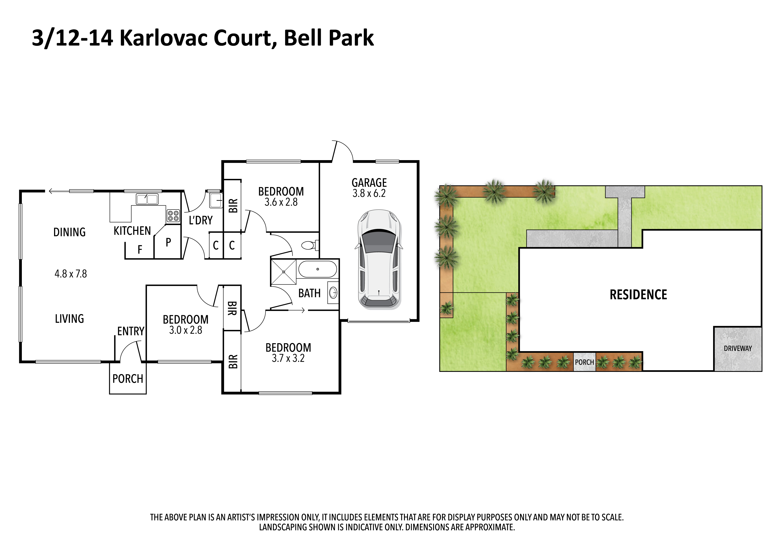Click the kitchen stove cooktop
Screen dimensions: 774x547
pyautogui.click(x=173, y=216)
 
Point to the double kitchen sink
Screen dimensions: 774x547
pyautogui.click(x=147, y=199)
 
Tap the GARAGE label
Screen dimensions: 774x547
pyautogui.click(x=369, y=183)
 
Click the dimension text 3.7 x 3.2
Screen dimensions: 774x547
pyautogui.click(x=288, y=358)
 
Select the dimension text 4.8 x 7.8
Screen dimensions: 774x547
pyautogui.click(x=71, y=274)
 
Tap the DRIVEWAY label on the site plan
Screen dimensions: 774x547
pyautogui.click(x=738, y=348)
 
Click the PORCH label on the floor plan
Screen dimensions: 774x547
pyautogui.click(x=128, y=379)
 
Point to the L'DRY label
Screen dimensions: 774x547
pyautogui.click(x=201, y=220)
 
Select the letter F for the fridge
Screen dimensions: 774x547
pyautogui.click(x=140, y=249)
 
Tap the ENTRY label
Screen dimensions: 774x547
pyautogui.click(x=131, y=331)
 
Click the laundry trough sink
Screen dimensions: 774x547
pyautogui.click(x=216, y=200)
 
